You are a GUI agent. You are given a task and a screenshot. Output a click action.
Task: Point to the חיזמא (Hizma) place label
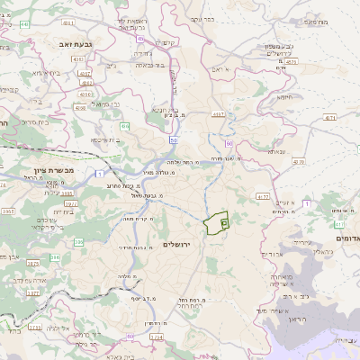(287, 96)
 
